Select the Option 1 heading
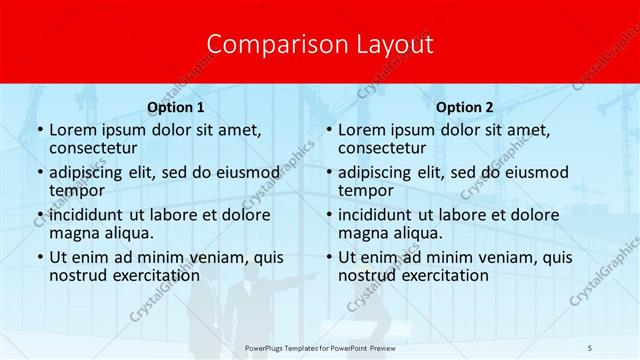[x=176, y=107]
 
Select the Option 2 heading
[x=465, y=107]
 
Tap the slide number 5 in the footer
[x=591, y=346]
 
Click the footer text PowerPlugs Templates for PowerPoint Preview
[x=322, y=346]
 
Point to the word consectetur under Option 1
[x=95, y=148]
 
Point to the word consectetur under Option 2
[x=384, y=148]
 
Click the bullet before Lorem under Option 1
[x=39, y=131]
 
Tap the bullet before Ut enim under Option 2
[x=328, y=257]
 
